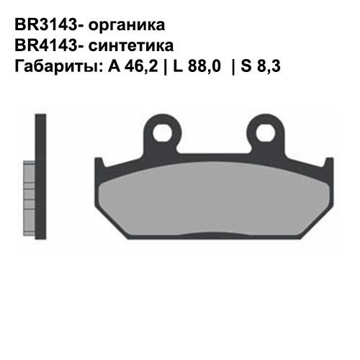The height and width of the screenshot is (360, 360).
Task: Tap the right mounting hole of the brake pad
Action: tap(268, 132)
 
